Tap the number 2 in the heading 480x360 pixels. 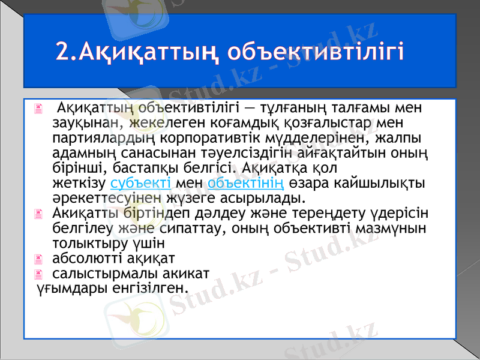tap(63, 50)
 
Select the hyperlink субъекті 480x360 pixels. tap(141, 182)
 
